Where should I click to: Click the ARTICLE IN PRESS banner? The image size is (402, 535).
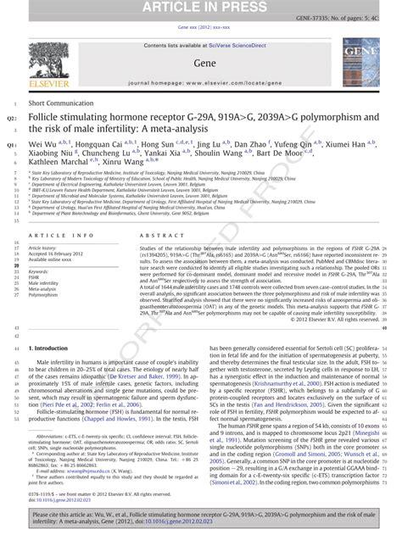point(200,8)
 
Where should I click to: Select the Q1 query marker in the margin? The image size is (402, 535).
point(10,145)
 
